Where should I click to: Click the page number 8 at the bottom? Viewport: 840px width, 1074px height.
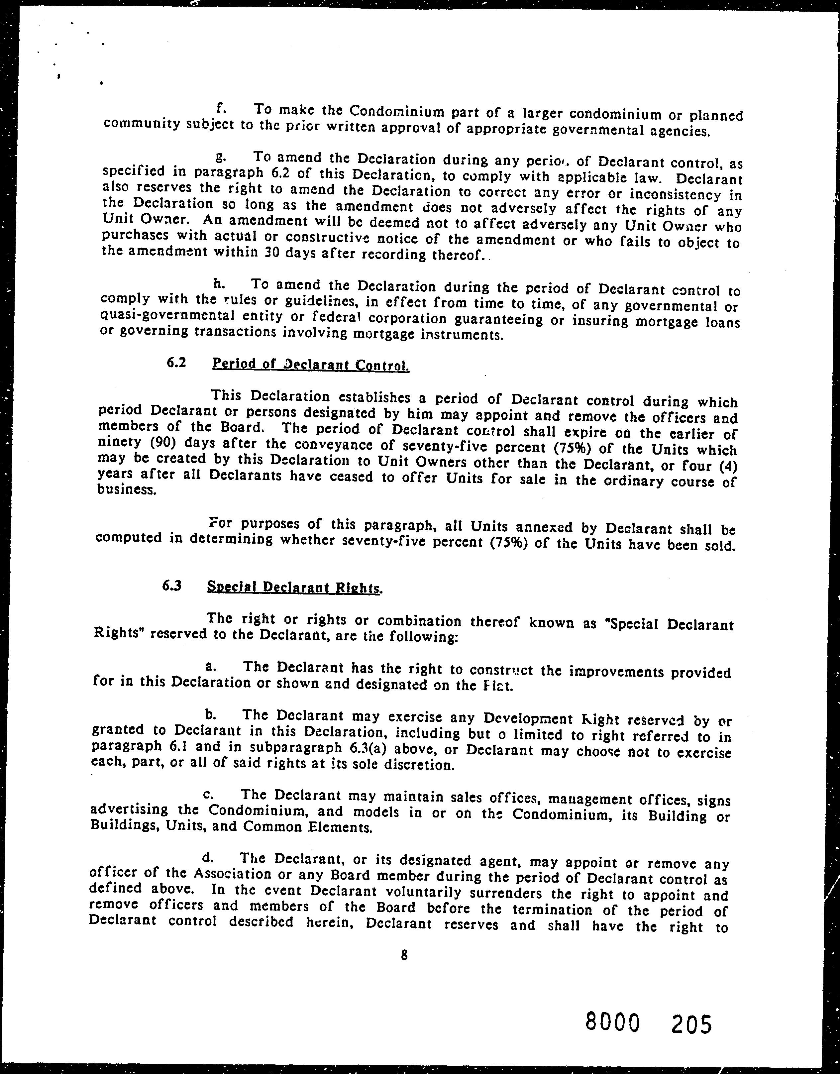(x=404, y=955)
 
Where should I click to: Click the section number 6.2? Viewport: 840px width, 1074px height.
(x=176, y=364)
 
